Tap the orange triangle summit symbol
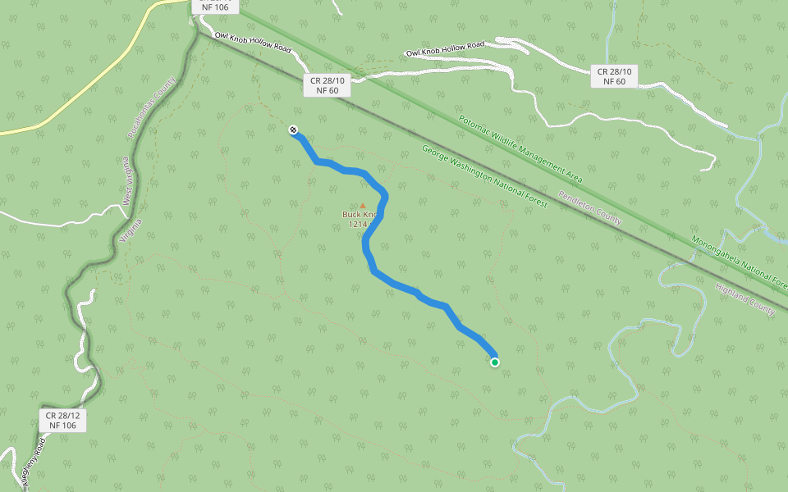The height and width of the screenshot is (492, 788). (x=362, y=206)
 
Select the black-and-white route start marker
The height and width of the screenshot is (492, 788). (x=293, y=130)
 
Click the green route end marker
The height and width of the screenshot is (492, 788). (x=495, y=362)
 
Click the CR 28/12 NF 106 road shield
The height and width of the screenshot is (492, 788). (x=62, y=421)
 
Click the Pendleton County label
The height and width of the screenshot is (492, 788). (x=590, y=208)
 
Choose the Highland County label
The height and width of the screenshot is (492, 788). (x=744, y=300)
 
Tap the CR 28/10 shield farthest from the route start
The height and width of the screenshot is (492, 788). (x=614, y=76)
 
